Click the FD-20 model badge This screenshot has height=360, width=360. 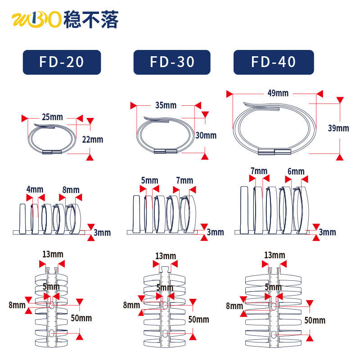62,62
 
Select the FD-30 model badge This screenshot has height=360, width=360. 172,62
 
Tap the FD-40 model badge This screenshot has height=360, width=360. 273,62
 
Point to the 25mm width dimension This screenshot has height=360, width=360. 52,117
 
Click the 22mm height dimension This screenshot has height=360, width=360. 93,139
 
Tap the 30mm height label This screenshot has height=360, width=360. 206,135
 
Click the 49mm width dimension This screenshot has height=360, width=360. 278,93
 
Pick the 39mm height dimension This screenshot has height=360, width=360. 338,128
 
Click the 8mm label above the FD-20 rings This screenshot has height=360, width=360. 71,189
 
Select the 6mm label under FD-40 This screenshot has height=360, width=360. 296,171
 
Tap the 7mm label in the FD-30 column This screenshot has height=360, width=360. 184,180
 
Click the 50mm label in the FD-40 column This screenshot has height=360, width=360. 315,320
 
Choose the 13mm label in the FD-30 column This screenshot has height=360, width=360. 165,256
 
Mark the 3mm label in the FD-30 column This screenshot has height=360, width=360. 215,232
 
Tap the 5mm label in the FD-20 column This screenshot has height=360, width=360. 51,287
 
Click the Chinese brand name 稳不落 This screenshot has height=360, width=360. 91,20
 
